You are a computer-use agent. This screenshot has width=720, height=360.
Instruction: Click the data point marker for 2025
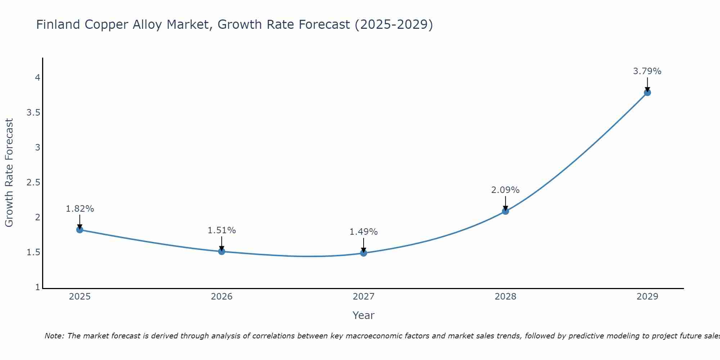tap(80, 230)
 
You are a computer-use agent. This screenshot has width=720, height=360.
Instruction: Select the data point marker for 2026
tap(222, 251)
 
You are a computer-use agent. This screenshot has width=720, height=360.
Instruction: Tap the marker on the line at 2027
tap(364, 253)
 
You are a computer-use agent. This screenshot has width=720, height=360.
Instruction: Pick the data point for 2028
tap(505, 211)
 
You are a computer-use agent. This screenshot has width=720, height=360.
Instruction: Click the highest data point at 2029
tap(647, 93)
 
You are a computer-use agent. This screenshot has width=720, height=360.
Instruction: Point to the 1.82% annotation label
tap(80, 209)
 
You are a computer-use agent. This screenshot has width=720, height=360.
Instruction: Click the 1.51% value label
tap(222, 230)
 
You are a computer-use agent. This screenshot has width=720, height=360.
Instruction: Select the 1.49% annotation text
tap(364, 232)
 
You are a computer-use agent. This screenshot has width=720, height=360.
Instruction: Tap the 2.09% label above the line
tap(505, 190)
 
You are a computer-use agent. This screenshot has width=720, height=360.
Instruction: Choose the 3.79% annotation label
tap(647, 71)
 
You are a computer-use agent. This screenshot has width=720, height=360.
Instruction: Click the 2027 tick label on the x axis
tap(364, 297)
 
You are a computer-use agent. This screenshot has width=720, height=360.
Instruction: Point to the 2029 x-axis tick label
tap(647, 297)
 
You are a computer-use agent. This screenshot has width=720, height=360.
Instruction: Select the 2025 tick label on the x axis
tap(80, 297)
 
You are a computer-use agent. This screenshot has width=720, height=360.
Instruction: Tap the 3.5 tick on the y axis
tap(33, 113)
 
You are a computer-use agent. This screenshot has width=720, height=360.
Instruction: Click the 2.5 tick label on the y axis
tap(33, 183)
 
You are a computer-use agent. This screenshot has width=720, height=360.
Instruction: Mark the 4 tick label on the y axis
tap(37, 78)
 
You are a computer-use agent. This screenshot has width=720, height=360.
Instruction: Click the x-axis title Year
tap(364, 315)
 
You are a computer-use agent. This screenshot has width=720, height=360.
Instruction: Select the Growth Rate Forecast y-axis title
tap(9, 173)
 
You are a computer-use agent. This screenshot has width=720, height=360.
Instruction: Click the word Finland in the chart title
tap(58, 24)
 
